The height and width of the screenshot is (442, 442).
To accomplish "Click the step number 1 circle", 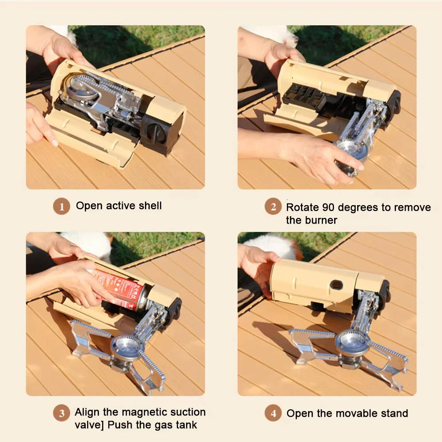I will [62, 206].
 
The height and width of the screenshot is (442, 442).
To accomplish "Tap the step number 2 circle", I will [273, 206].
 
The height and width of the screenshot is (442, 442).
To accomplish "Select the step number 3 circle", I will [62, 413].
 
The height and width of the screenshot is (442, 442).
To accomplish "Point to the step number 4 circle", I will [273, 414].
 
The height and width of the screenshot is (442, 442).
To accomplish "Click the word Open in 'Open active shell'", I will [89, 206].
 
